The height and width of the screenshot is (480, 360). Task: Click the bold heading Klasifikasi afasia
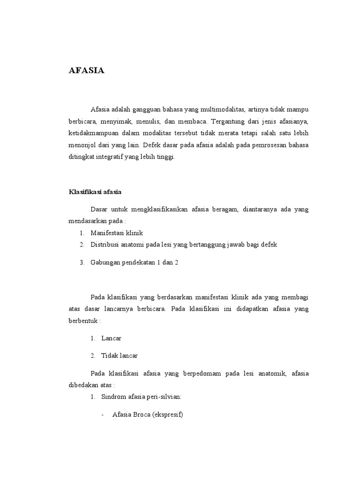[x=95, y=192]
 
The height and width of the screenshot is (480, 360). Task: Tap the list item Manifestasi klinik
[x=117, y=233]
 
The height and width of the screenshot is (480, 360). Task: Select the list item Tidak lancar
[x=120, y=356]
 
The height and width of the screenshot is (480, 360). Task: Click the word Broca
[x=143, y=415]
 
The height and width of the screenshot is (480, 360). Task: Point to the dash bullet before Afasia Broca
[x=103, y=415]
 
